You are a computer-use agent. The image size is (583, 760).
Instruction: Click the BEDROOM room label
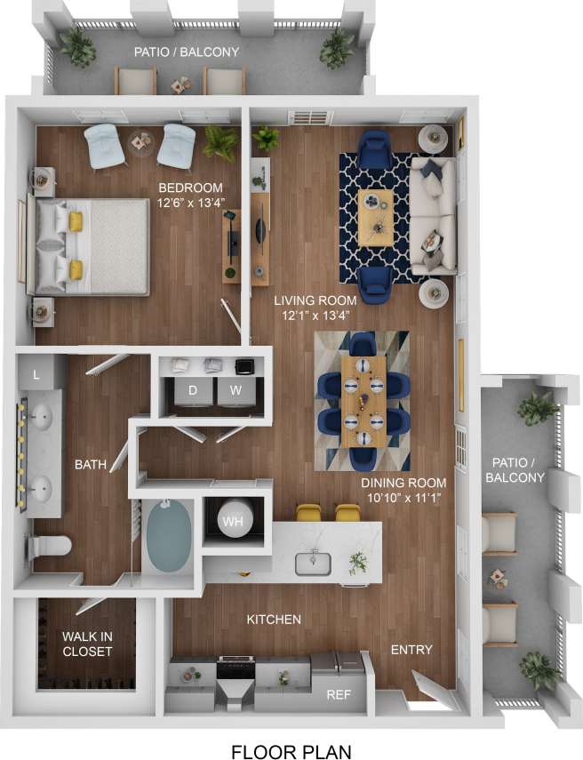tap(190, 188)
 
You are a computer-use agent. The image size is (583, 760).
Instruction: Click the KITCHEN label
tap(274, 619)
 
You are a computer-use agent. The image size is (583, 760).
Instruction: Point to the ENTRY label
tap(411, 650)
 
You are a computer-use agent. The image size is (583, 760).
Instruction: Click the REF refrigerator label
tap(338, 694)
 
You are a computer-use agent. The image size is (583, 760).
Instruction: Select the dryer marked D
tap(193, 391)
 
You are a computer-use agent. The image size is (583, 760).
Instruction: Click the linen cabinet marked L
tap(36, 376)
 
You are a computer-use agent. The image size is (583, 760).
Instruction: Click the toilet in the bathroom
tap(50, 545)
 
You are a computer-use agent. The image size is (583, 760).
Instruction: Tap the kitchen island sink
tap(314, 563)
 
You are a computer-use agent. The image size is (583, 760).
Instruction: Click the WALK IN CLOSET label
tap(87, 644)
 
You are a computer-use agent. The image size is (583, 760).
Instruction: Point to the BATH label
tap(91, 464)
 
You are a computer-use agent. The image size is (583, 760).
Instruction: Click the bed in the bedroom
tap(89, 245)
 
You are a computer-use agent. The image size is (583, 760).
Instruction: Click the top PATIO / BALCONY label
tap(187, 52)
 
